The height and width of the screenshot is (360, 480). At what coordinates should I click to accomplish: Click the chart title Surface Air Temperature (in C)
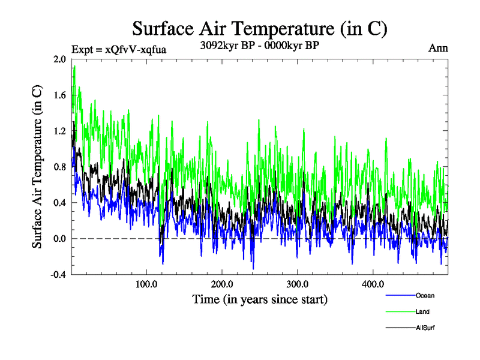pyautogui.click(x=260, y=28)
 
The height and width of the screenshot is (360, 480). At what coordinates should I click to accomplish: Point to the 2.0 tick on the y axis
pyautogui.click(x=59, y=59)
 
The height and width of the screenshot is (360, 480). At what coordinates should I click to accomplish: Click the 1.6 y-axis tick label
pyautogui.click(x=59, y=95)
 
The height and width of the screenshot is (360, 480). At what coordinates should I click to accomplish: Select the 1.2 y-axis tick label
pyautogui.click(x=59, y=131)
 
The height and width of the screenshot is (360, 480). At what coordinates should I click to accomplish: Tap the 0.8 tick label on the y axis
pyautogui.click(x=59, y=167)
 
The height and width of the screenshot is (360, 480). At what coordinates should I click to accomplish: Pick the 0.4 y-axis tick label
pyautogui.click(x=59, y=203)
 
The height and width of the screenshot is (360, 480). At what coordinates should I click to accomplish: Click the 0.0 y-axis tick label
pyautogui.click(x=59, y=239)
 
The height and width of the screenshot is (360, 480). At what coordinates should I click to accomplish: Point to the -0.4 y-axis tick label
pyautogui.click(x=58, y=275)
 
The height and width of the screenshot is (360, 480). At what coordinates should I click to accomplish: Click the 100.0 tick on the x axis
pyautogui.click(x=147, y=284)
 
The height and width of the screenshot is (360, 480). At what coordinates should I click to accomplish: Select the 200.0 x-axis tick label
pyautogui.click(x=223, y=284)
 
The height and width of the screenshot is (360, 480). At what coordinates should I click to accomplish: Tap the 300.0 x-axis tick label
pyautogui.click(x=298, y=284)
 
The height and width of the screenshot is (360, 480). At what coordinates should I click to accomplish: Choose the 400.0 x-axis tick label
pyautogui.click(x=373, y=284)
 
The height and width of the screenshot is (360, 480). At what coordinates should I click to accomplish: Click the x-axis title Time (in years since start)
pyautogui.click(x=260, y=299)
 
